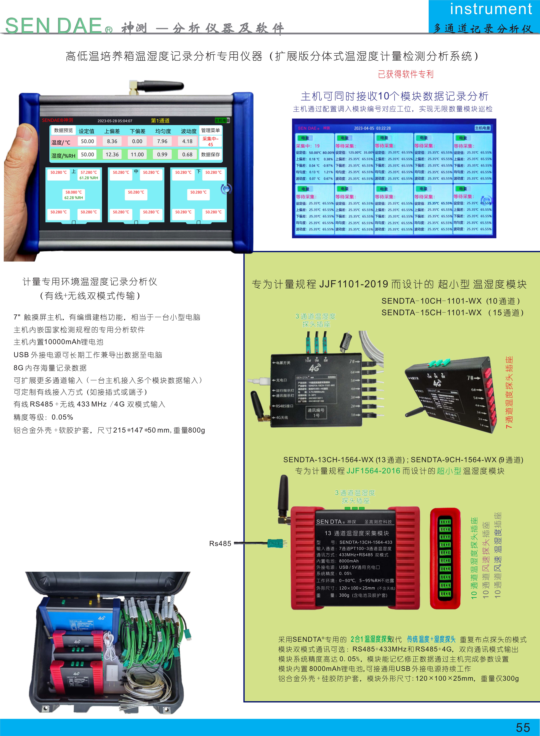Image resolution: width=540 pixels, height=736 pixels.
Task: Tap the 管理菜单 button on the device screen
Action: [210, 130]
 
